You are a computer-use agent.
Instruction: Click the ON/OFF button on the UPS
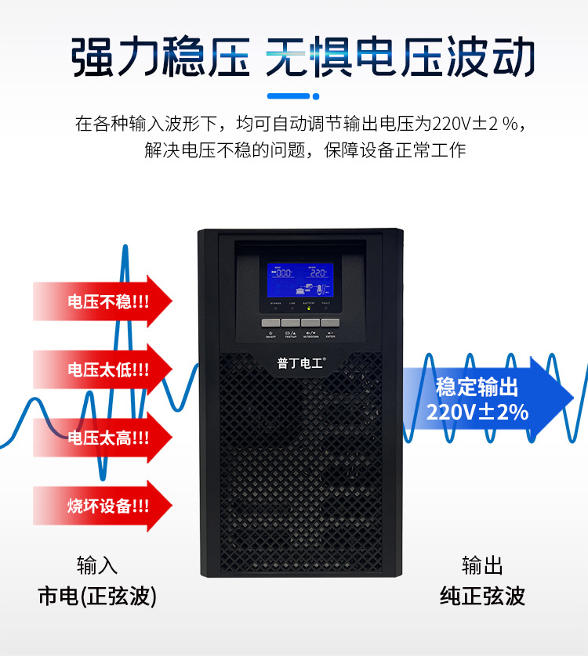tap(271, 323)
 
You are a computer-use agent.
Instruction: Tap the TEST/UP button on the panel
tap(291, 323)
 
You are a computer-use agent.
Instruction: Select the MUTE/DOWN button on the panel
tap(310, 323)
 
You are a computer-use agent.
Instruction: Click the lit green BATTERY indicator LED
tap(310, 308)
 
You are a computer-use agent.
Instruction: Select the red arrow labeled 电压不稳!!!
tap(102, 300)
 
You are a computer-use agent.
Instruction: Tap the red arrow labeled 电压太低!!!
tap(102, 369)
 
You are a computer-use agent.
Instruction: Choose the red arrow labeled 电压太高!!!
tap(102, 437)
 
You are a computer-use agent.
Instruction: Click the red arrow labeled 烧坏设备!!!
tap(102, 505)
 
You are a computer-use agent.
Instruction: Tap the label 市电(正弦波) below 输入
tap(97, 596)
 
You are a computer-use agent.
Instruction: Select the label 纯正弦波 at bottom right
tap(482, 596)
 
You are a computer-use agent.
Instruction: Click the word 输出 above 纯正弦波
tap(482, 564)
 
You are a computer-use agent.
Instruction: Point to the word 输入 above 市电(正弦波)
tap(97, 564)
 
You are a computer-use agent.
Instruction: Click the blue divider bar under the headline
tap(293, 96)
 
